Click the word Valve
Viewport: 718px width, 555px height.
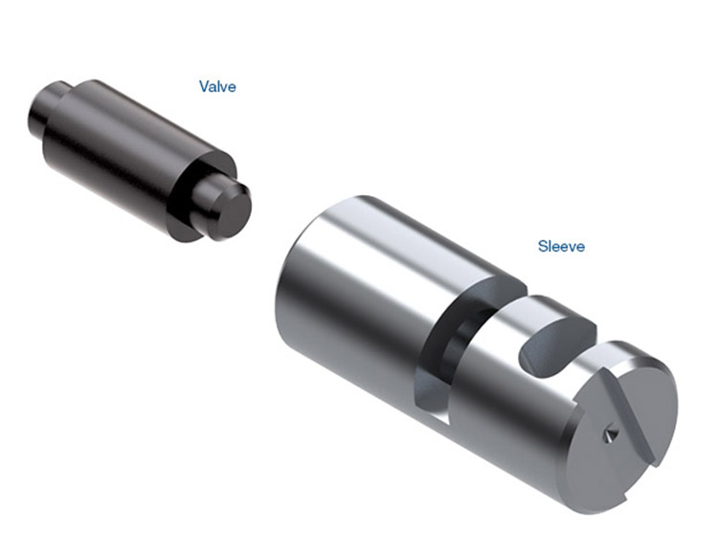(x=217, y=86)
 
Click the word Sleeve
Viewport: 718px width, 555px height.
(x=561, y=246)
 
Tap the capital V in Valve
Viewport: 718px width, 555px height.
(x=204, y=86)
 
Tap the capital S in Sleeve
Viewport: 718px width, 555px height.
(x=543, y=246)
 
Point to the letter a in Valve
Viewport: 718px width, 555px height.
(x=213, y=88)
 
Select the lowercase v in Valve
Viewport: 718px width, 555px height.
(x=223, y=88)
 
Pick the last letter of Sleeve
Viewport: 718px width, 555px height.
(x=581, y=248)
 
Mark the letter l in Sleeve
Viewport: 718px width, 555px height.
(x=550, y=246)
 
